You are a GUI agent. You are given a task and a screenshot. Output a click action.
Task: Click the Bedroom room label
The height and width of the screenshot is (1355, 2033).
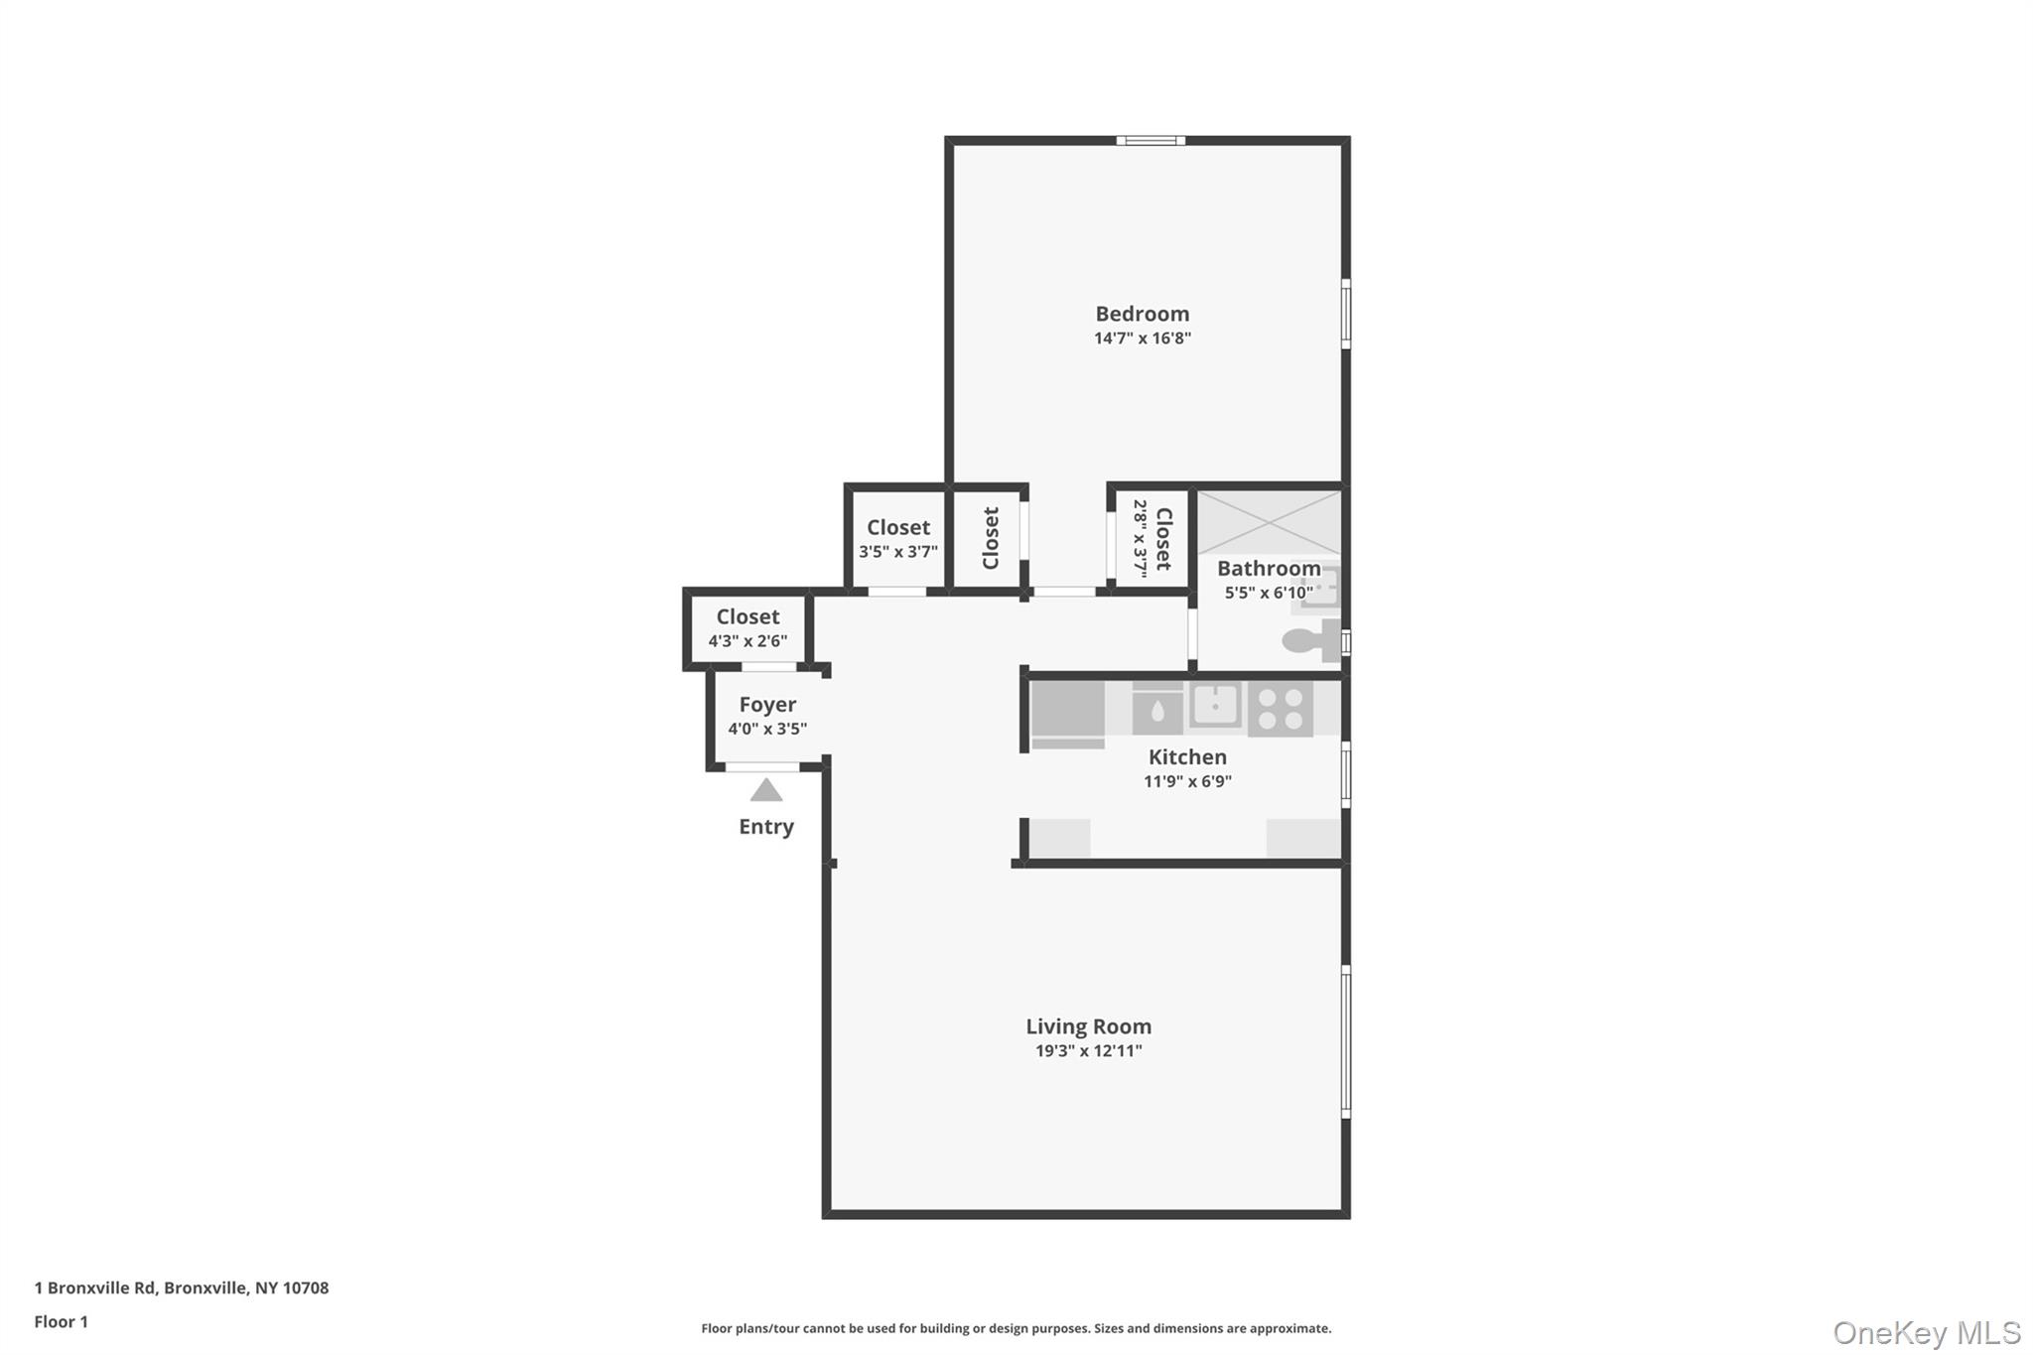(x=1142, y=314)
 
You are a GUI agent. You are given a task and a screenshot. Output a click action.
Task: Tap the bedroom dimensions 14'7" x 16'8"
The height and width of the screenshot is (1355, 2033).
(x=1142, y=339)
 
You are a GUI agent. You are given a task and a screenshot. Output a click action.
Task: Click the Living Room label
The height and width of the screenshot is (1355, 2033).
(x=1088, y=1026)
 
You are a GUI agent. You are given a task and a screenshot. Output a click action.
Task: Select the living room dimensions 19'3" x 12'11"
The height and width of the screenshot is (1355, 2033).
(x=1088, y=1051)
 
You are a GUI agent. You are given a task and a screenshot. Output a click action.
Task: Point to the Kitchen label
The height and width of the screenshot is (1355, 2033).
(x=1187, y=756)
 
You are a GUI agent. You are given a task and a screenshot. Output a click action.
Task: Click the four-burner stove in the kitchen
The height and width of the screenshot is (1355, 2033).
(x=1280, y=709)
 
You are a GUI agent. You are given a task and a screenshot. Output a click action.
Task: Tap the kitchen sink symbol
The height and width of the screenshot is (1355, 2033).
(x=1215, y=706)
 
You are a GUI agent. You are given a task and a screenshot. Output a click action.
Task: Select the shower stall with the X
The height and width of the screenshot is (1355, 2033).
(x=1269, y=522)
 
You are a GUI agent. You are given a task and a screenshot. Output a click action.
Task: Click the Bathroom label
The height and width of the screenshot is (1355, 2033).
(x=1269, y=569)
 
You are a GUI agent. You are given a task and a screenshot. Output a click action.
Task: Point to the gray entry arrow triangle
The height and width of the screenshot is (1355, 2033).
(x=765, y=790)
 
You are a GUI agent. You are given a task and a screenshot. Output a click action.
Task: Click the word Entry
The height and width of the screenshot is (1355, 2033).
(x=765, y=827)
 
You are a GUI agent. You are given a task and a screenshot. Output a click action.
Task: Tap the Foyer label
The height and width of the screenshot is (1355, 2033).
(x=767, y=705)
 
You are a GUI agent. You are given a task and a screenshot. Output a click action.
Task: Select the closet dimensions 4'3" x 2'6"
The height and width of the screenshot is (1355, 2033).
(x=747, y=641)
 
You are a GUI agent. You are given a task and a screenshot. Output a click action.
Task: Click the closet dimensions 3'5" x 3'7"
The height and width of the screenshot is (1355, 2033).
(x=897, y=552)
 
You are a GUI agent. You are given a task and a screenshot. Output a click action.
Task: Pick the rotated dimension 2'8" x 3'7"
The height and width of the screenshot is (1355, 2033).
(x=1141, y=538)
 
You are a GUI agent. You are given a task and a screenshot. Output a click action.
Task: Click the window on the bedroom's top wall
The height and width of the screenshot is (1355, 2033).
(x=1150, y=141)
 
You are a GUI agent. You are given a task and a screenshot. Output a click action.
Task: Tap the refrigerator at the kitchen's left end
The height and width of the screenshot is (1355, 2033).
(x=1067, y=713)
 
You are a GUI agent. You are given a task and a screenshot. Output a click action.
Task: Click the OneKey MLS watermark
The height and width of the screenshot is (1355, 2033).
(x=1926, y=1332)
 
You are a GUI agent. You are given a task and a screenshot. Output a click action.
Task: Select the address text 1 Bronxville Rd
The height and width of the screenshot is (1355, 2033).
(x=95, y=1287)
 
